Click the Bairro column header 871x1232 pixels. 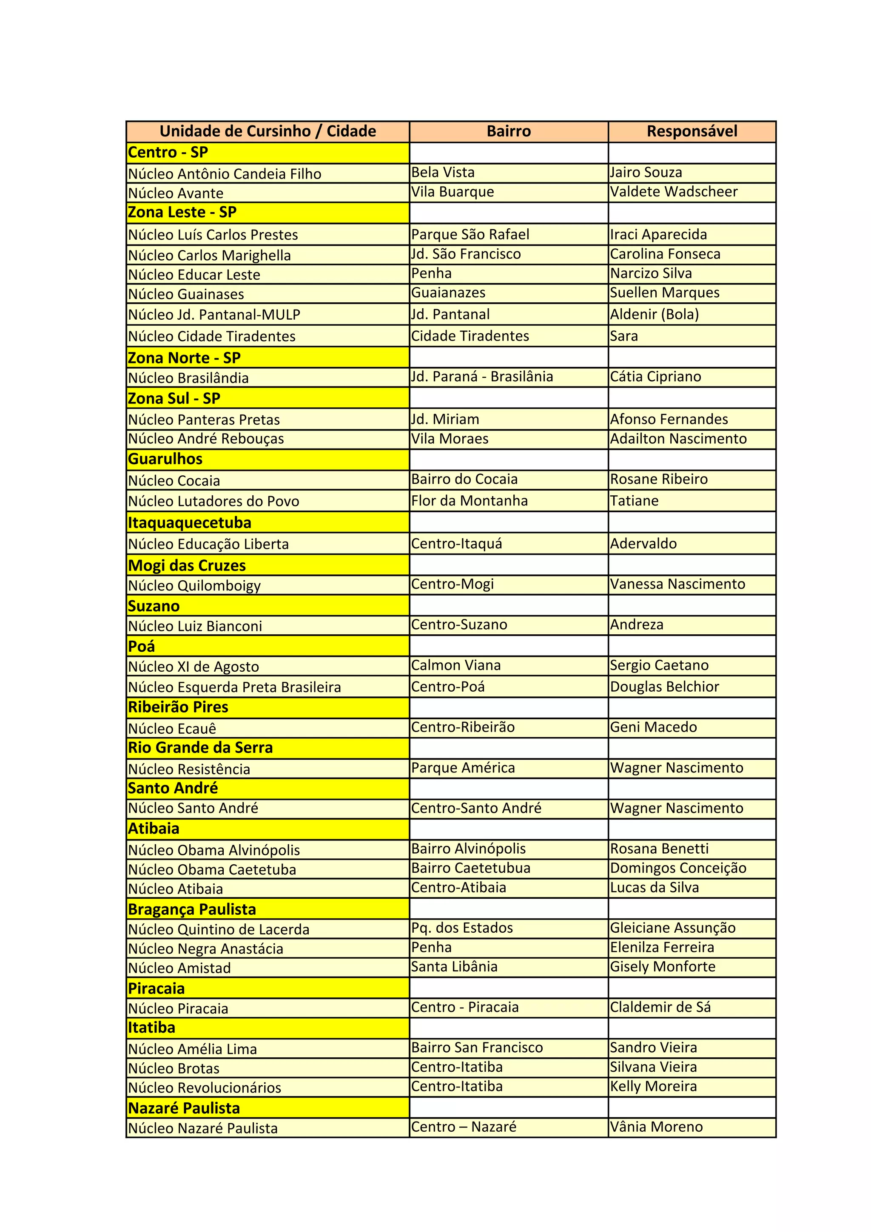508,131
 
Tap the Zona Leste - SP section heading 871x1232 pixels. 182,213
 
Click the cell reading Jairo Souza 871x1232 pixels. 646,172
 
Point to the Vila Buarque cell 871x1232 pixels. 453,192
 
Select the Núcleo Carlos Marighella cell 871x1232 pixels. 209,255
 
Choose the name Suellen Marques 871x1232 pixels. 664,292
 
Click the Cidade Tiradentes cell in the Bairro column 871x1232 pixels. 470,336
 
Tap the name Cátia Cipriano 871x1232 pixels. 655,377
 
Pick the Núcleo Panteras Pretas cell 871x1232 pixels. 204,420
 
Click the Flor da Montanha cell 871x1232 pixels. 469,501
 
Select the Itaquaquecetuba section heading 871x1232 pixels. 189,522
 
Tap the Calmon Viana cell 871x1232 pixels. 455,665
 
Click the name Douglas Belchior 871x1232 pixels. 664,687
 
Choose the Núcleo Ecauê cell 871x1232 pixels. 172,729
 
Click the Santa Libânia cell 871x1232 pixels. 454,966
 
